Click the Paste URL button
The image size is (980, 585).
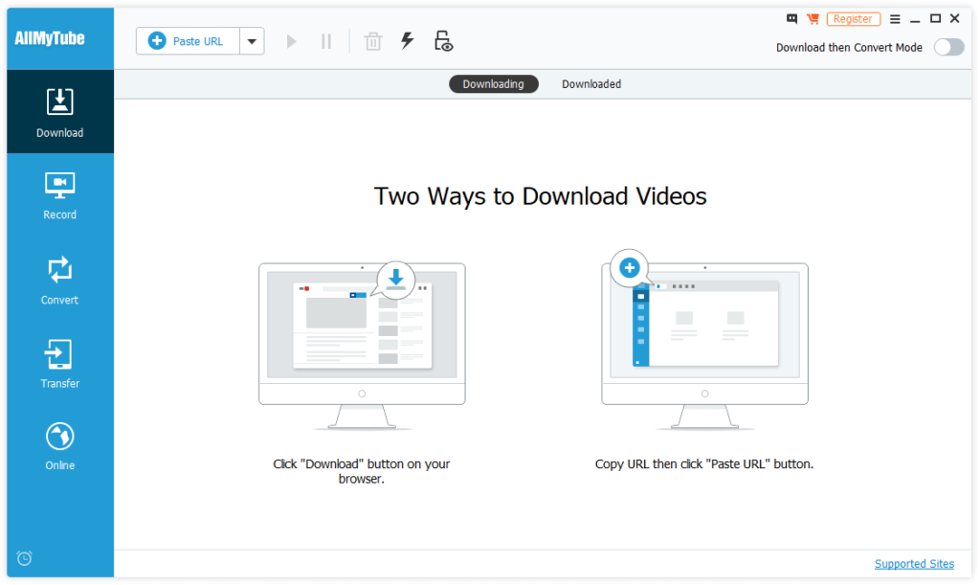[x=188, y=41]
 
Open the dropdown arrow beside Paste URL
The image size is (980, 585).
[x=252, y=41]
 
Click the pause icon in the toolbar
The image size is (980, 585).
[x=326, y=41]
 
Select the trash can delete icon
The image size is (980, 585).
[x=373, y=41]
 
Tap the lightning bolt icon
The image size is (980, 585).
[x=408, y=41]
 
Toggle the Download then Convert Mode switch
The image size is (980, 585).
[x=948, y=47]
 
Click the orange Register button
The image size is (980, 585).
[x=853, y=19]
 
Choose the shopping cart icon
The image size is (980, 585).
[x=813, y=19]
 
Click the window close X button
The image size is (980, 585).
[x=955, y=18]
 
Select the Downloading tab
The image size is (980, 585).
[x=493, y=84]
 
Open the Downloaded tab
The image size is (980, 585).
[x=591, y=84]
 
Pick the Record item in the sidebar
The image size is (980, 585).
[x=60, y=195]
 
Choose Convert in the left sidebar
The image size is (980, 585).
[x=60, y=280]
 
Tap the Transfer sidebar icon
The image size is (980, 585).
[x=60, y=364]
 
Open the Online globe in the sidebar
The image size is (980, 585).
[x=60, y=446]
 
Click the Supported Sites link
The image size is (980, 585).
[x=914, y=564]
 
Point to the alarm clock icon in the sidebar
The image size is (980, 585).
[x=25, y=558]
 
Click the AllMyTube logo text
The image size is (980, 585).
[x=50, y=39]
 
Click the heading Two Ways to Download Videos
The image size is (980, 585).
[x=540, y=197]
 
